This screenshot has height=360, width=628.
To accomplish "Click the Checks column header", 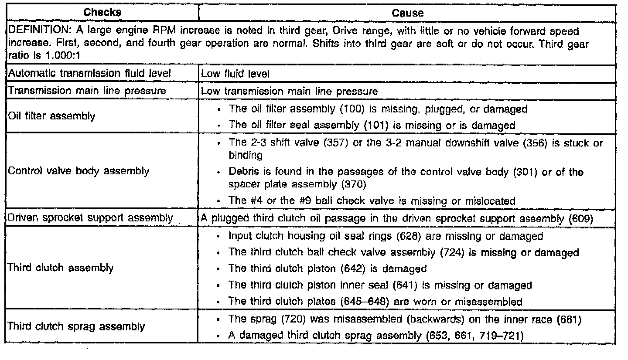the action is tap(102, 13).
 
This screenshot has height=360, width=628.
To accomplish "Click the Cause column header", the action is tap(407, 13).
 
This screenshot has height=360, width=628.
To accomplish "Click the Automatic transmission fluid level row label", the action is tap(87, 74).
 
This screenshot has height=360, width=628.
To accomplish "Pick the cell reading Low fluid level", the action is tap(235, 75).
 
